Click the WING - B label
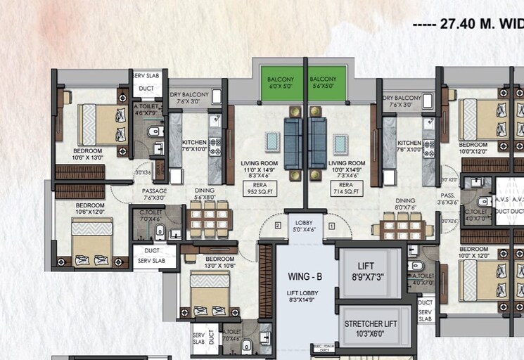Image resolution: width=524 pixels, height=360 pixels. [305, 276]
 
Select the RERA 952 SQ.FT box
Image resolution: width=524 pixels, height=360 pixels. [260, 188]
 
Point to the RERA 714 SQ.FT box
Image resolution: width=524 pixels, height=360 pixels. [347, 188]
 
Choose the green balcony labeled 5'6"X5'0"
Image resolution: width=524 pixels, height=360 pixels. [325, 84]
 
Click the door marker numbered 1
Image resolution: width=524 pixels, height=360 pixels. [331, 226]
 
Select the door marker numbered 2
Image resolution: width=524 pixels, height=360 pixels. [278, 226]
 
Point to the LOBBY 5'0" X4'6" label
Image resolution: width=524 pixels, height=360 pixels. [304, 224]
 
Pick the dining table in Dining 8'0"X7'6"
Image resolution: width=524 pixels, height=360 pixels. [404, 226]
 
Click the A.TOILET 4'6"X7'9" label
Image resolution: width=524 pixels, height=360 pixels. [148, 110]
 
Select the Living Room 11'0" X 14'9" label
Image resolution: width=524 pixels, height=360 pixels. [260, 169]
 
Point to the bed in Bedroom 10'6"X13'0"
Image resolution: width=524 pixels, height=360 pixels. [101, 124]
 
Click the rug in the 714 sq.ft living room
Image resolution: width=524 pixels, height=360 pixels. [340, 143]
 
